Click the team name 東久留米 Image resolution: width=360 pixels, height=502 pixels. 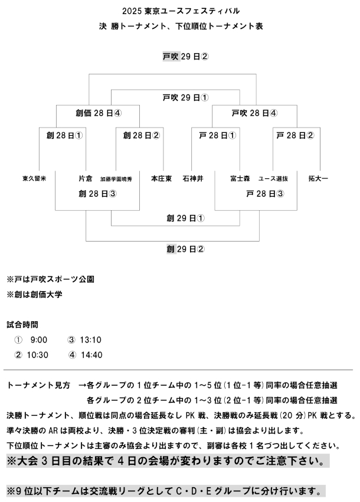click(35, 178)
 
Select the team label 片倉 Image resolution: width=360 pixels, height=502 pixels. click(86, 178)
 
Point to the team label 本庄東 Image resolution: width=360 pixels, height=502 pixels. click(161, 178)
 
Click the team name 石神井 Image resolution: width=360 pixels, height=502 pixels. click(193, 178)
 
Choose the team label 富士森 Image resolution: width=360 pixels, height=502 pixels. click(241, 178)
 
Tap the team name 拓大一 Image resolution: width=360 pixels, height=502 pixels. click(318, 178)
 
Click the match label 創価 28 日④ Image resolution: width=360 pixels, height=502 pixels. click(99, 113)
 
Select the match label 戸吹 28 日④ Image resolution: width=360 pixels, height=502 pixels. click(254, 113)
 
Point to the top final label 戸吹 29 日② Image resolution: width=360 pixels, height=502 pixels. click(186, 57)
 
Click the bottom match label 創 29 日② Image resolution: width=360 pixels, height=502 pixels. click(185, 249)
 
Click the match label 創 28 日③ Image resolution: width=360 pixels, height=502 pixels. click(97, 193)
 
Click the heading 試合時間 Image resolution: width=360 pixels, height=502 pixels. click(23, 324)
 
